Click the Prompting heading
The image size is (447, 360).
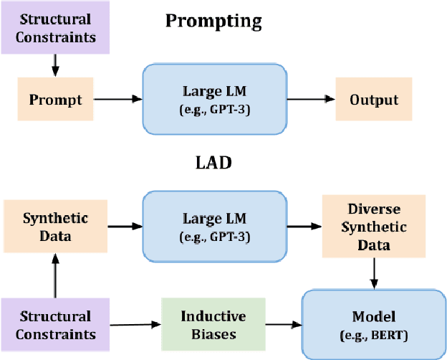tap(213, 20)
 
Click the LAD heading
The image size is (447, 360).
tap(213, 162)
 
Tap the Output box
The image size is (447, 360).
tap(373, 99)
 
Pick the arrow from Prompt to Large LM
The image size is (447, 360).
tap(115, 100)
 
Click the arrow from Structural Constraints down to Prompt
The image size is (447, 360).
tap(54, 66)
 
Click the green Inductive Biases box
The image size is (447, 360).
tap(213, 324)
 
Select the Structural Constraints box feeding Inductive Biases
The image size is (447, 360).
tap(54, 324)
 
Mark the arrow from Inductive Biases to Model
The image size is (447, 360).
tap(282, 324)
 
